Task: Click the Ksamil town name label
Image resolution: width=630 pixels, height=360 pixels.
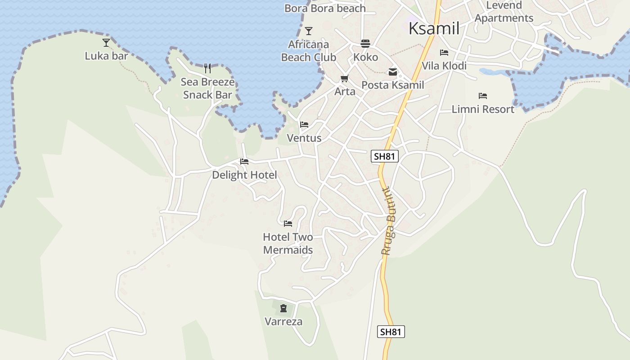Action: (x=434, y=28)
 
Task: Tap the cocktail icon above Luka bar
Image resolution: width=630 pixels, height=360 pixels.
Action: (x=106, y=43)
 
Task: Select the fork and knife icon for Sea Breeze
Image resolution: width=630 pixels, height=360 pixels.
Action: (x=207, y=68)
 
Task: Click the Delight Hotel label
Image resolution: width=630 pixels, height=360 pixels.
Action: (x=244, y=175)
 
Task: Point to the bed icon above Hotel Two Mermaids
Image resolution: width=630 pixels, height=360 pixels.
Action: (x=288, y=223)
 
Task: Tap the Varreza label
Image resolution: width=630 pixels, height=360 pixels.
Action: (x=283, y=322)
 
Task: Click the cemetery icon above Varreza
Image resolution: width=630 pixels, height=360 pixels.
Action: (x=283, y=308)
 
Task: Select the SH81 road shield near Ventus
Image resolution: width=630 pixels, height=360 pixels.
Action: (x=385, y=157)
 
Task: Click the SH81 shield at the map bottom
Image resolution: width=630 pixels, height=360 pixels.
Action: (x=391, y=332)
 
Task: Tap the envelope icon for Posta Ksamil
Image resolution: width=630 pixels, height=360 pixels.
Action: (x=393, y=72)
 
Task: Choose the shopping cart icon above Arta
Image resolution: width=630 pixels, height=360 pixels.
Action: (x=345, y=79)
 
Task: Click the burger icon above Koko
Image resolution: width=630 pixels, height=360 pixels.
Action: (x=365, y=44)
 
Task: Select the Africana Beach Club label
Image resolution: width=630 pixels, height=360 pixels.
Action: (x=309, y=51)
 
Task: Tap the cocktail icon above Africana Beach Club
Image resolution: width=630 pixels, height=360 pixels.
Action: (x=309, y=31)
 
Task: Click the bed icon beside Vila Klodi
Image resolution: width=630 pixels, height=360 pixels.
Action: (x=444, y=53)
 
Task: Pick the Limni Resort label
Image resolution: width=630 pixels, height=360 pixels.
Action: (x=483, y=109)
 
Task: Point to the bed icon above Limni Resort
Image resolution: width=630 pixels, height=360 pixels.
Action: (x=483, y=96)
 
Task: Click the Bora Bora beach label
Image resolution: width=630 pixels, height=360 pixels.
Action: (x=325, y=8)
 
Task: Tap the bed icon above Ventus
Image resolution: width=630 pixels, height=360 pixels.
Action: (x=304, y=125)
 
